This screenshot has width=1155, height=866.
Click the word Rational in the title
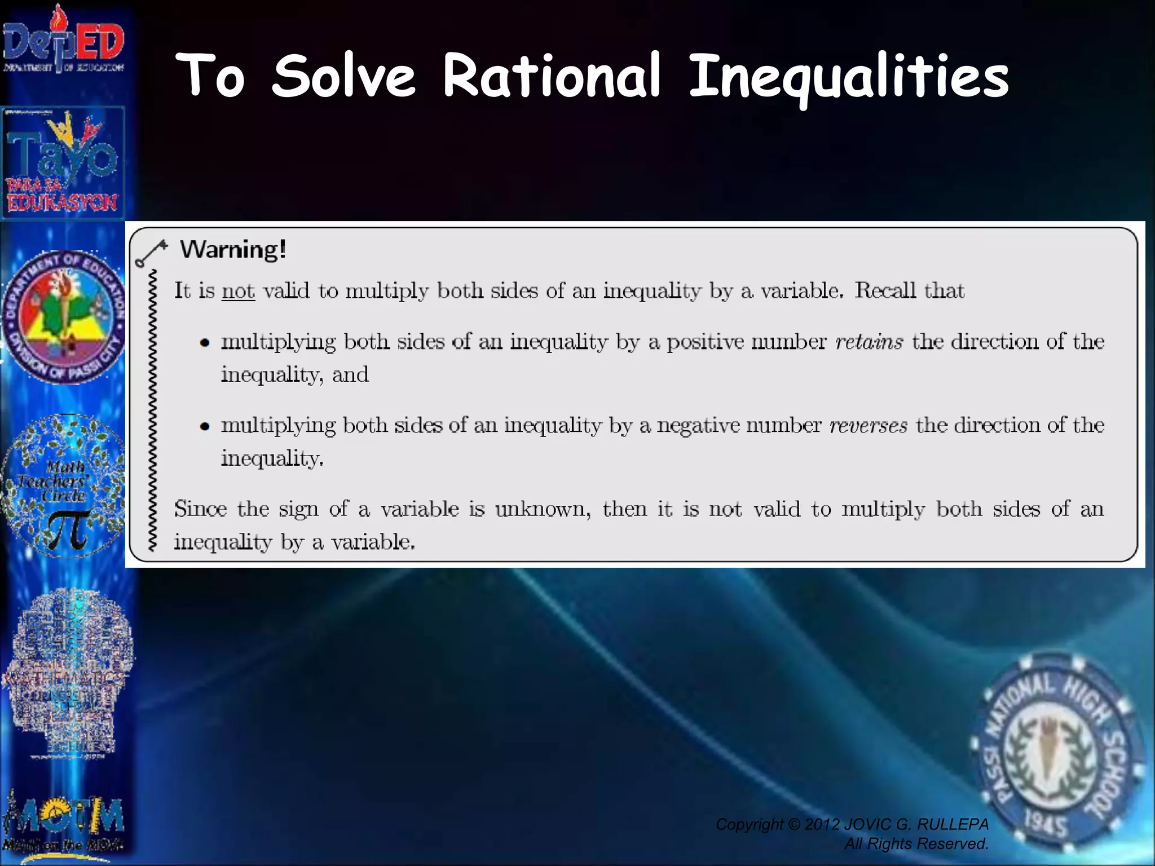[x=551, y=76]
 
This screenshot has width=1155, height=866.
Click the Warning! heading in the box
[x=233, y=249]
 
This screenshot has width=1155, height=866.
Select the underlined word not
[x=238, y=291]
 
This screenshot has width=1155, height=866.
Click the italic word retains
[x=869, y=342]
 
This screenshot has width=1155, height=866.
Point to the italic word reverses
[x=868, y=425]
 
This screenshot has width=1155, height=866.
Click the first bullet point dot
[x=205, y=343]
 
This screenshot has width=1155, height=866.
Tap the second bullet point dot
[x=205, y=426]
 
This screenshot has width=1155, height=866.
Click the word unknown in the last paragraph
[x=543, y=509]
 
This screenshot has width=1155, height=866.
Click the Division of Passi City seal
[x=63, y=317]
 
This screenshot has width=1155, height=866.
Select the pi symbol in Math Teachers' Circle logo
[x=68, y=530]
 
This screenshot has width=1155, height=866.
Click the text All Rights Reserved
[x=916, y=844]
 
